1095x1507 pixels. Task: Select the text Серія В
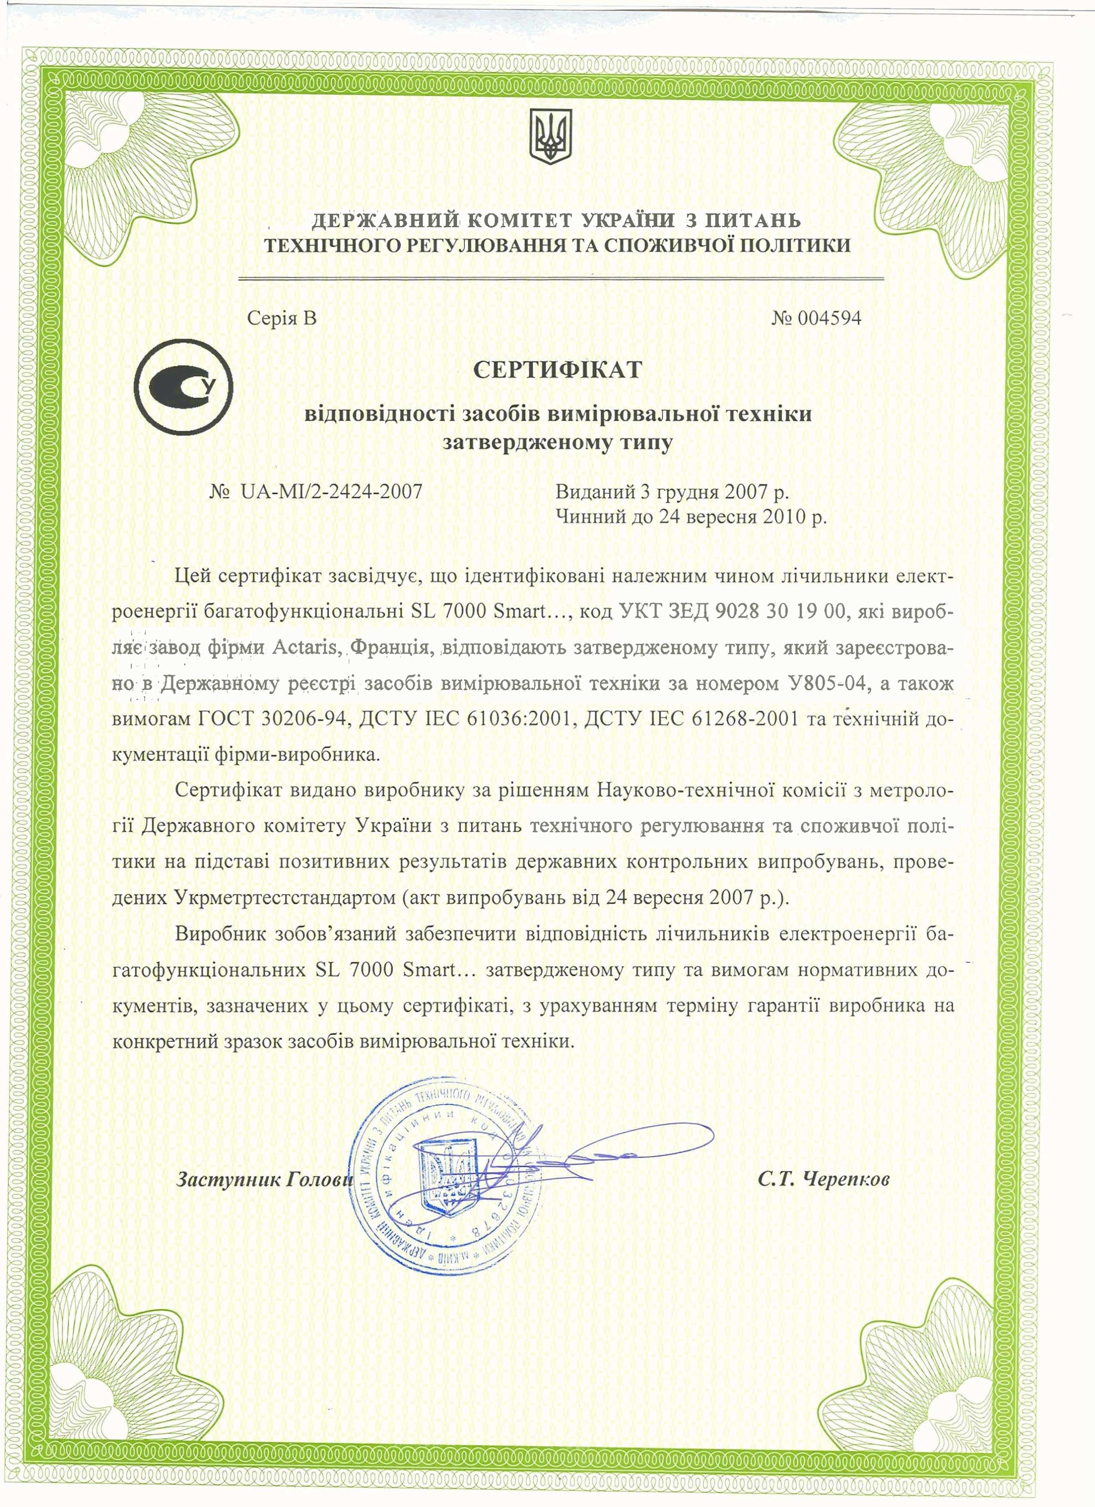click(282, 318)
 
